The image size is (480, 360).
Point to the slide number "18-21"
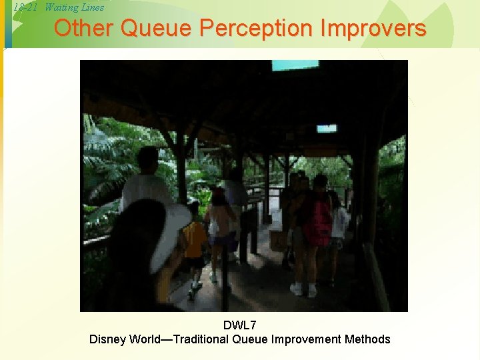coord(25,7)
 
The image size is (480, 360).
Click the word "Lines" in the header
coord(91,7)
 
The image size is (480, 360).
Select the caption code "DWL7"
coord(239,325)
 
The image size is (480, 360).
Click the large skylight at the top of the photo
coord(295,65)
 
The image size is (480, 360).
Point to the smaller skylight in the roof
coord(326,129)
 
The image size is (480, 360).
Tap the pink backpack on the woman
coord(317,220)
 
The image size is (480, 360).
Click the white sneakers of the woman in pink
coord(303,290)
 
